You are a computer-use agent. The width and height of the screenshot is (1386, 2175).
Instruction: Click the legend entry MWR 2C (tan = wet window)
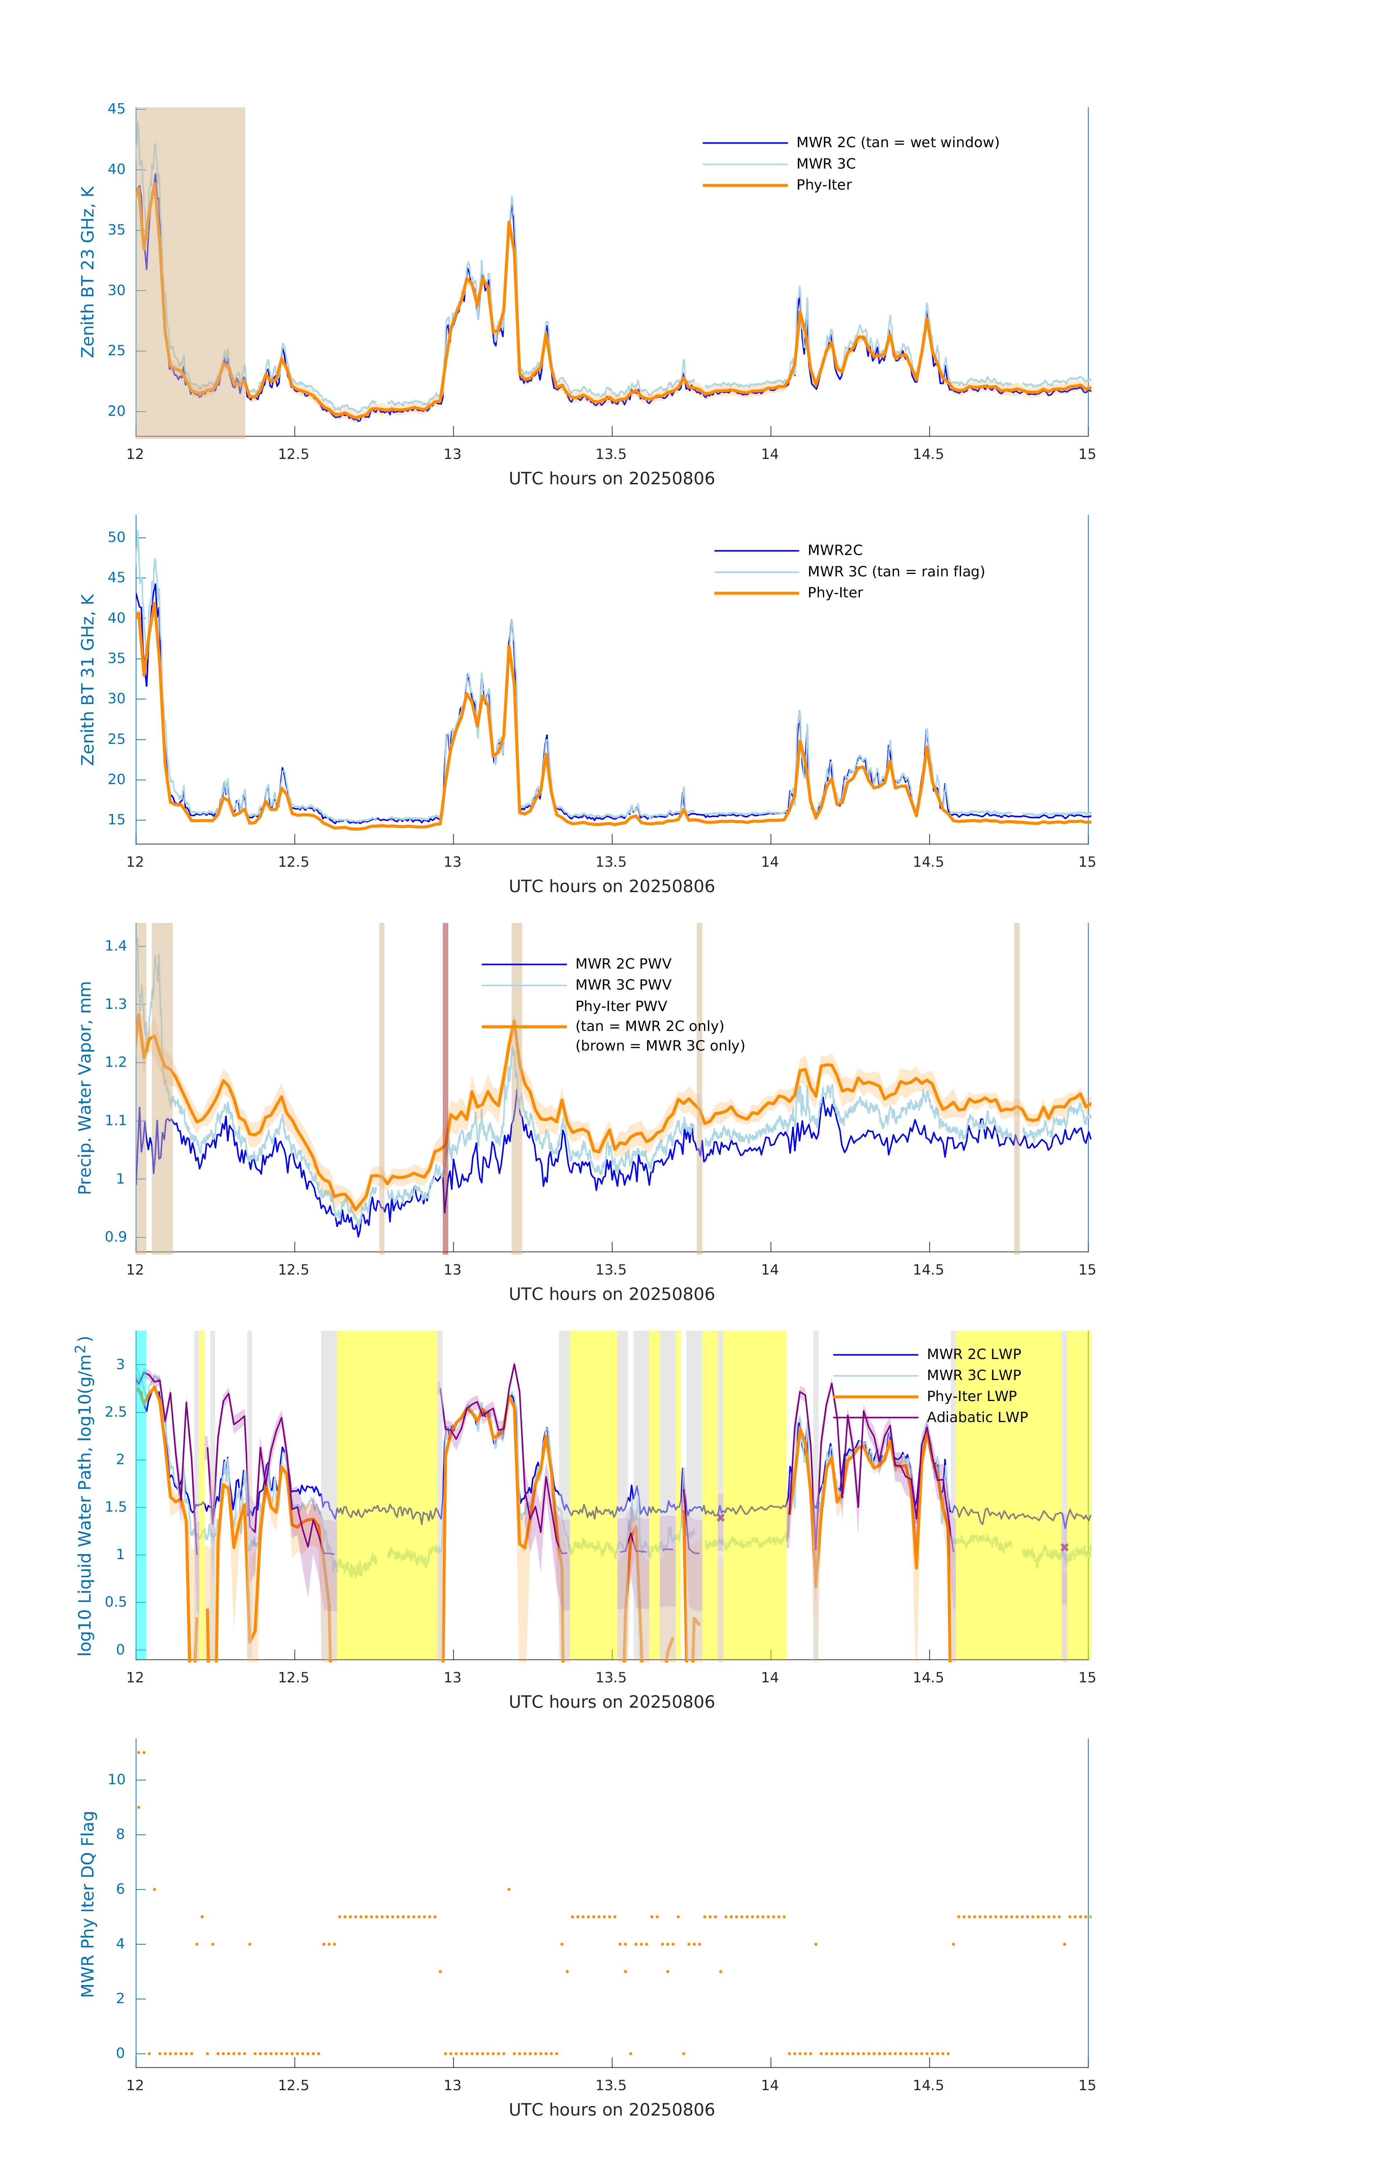pos(896,143)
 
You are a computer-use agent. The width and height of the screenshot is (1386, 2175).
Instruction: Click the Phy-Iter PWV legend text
pos(621,1006)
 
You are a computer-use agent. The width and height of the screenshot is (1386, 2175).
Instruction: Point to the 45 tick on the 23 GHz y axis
pos(116,109)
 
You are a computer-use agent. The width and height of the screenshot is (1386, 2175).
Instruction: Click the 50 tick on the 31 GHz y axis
pos(116,538)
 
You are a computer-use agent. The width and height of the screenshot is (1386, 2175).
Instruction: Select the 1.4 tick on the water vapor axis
pos(116,946)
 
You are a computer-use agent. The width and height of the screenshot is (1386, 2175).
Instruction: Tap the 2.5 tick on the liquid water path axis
pos(115,1412)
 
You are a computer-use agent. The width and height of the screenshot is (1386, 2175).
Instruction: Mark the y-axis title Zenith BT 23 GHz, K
pos(88,272)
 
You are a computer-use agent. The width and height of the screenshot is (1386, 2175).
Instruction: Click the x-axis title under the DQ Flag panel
pos(611,2110)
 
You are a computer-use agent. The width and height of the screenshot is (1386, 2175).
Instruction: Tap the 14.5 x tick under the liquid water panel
pos(928,1678)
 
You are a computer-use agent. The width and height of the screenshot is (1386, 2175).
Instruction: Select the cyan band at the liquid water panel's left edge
pos(141,1495)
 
